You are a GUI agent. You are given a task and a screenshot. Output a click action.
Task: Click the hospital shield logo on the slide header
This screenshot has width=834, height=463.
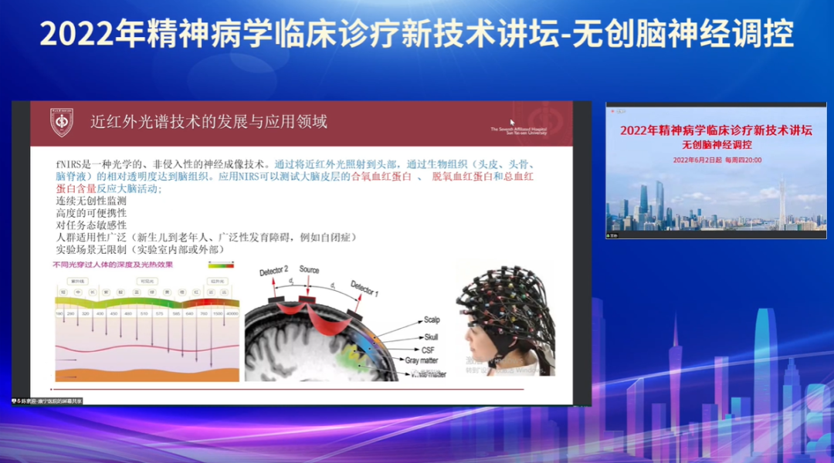tap(62, 123)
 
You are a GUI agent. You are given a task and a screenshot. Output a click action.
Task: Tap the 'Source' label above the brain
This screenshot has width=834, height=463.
tap(309, 270)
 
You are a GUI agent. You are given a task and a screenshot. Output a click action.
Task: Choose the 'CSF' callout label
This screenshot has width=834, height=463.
tap(426, 349)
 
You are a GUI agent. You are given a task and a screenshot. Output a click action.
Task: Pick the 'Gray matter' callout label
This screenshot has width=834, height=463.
tap(422, 360)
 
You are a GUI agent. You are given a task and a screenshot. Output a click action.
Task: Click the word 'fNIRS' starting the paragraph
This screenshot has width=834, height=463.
tap(69, 164)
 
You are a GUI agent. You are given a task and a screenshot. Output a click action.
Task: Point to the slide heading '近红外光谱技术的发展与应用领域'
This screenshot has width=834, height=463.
tap(208, 122)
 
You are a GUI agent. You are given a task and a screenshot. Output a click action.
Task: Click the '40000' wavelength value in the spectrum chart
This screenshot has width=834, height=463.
tap(232, 314)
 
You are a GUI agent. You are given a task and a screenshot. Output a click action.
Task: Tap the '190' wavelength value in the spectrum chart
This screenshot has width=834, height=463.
tap(59, 314)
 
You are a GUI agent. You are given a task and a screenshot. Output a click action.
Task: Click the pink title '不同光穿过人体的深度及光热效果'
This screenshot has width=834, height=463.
tap(112, 265)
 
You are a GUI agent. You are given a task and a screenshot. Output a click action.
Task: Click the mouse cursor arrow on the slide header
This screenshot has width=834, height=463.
tap(512, 122)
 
